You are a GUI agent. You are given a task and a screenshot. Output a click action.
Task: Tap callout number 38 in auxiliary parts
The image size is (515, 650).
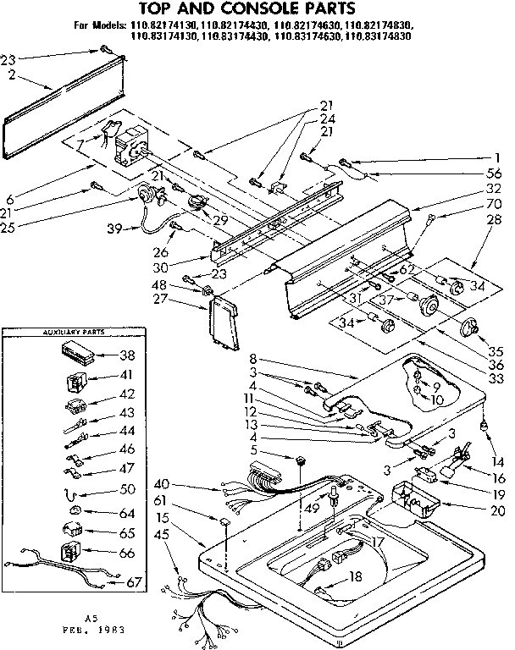(129, 356)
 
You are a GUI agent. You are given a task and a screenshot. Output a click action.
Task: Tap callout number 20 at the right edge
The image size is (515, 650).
(498, 510)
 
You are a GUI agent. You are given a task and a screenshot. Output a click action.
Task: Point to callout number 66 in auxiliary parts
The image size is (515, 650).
(129, 552)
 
